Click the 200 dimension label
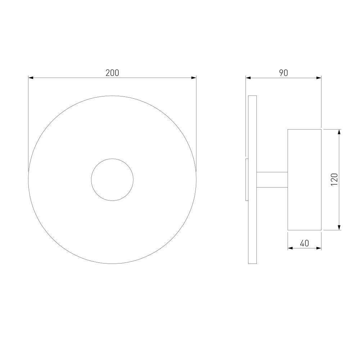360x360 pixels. click(x=112, y=73)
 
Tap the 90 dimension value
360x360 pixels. click(x=284, y=73)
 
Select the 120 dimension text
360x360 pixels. click(x=334, y=180)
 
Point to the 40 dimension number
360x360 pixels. click(x=305, y=243)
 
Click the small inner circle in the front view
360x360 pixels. click(x=112, y=159)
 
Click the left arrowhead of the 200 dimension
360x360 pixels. click(x=31, y=78)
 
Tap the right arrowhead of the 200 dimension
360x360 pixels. click(x=194, y=78)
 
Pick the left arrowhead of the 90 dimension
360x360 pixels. click(x=248, y=78)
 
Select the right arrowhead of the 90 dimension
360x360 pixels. click(x=319, y=78)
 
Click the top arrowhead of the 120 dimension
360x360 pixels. click(x=339, y=132)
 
